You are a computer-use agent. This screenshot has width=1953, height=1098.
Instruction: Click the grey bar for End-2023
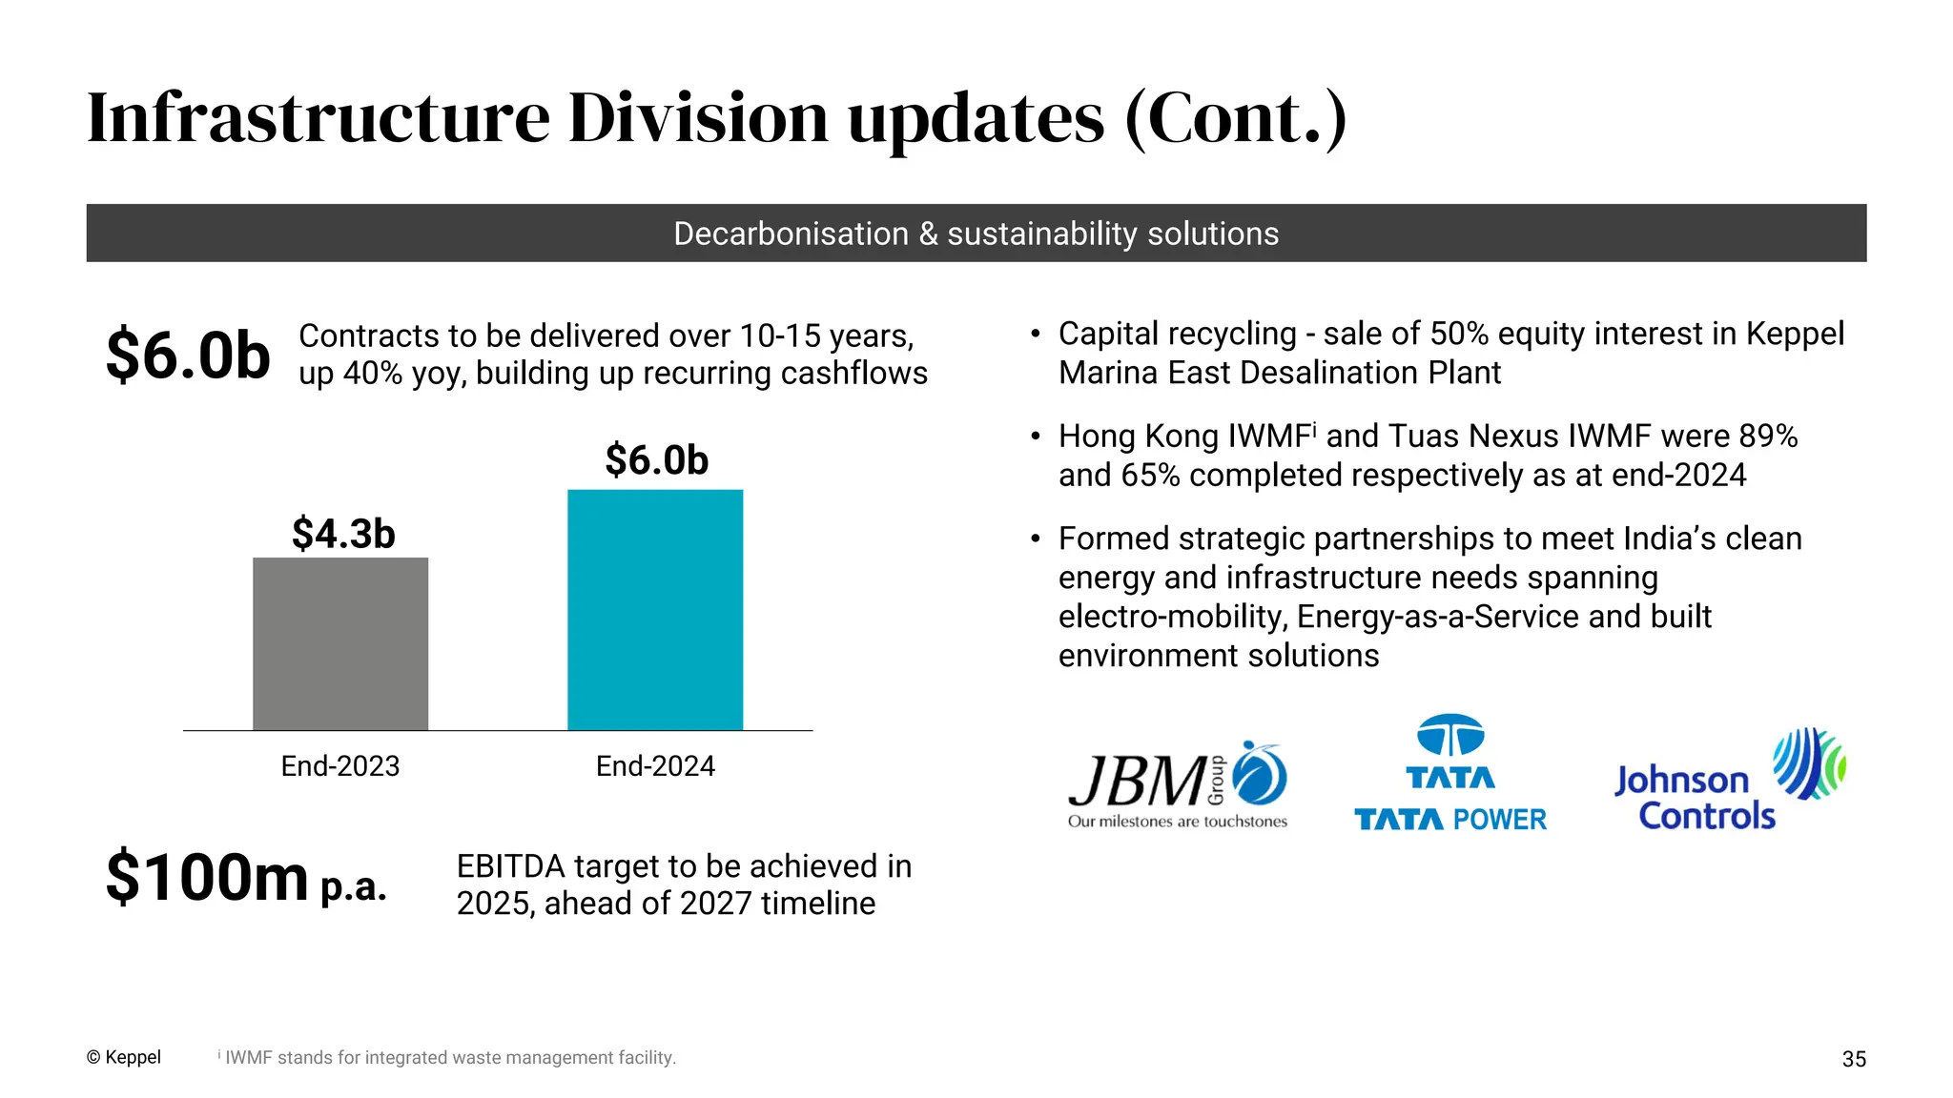(340, 643)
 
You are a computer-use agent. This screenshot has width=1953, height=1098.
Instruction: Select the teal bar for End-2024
(655, 610)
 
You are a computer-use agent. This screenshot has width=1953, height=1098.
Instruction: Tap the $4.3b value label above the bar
(343, 534)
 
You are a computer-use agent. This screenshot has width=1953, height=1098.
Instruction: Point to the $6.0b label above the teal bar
(657, 460)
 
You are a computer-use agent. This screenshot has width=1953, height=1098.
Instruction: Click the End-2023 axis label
(340, 766)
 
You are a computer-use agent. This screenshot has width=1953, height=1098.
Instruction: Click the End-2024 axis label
(655, 766)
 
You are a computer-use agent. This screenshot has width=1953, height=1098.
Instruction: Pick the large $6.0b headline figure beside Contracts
(188, 355)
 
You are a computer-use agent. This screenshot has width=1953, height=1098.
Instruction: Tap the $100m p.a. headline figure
(245, 878)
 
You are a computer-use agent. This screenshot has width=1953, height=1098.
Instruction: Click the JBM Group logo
(1178, 785)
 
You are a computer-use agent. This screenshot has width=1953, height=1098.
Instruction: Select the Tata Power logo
(1450, 774)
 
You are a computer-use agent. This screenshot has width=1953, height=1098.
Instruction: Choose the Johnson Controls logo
(1728, 781)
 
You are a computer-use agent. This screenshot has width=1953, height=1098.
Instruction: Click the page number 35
(1854, 1059)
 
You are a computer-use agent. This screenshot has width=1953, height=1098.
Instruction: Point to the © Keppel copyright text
(124, 1057)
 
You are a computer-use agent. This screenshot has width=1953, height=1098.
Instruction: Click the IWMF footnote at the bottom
(448, 1058)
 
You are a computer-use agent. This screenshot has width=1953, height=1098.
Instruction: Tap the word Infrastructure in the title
(319, 118)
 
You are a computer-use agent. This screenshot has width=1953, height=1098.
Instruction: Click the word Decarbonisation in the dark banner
(791, 234)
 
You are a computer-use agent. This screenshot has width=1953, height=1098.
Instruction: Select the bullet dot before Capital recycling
(1036, 335)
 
